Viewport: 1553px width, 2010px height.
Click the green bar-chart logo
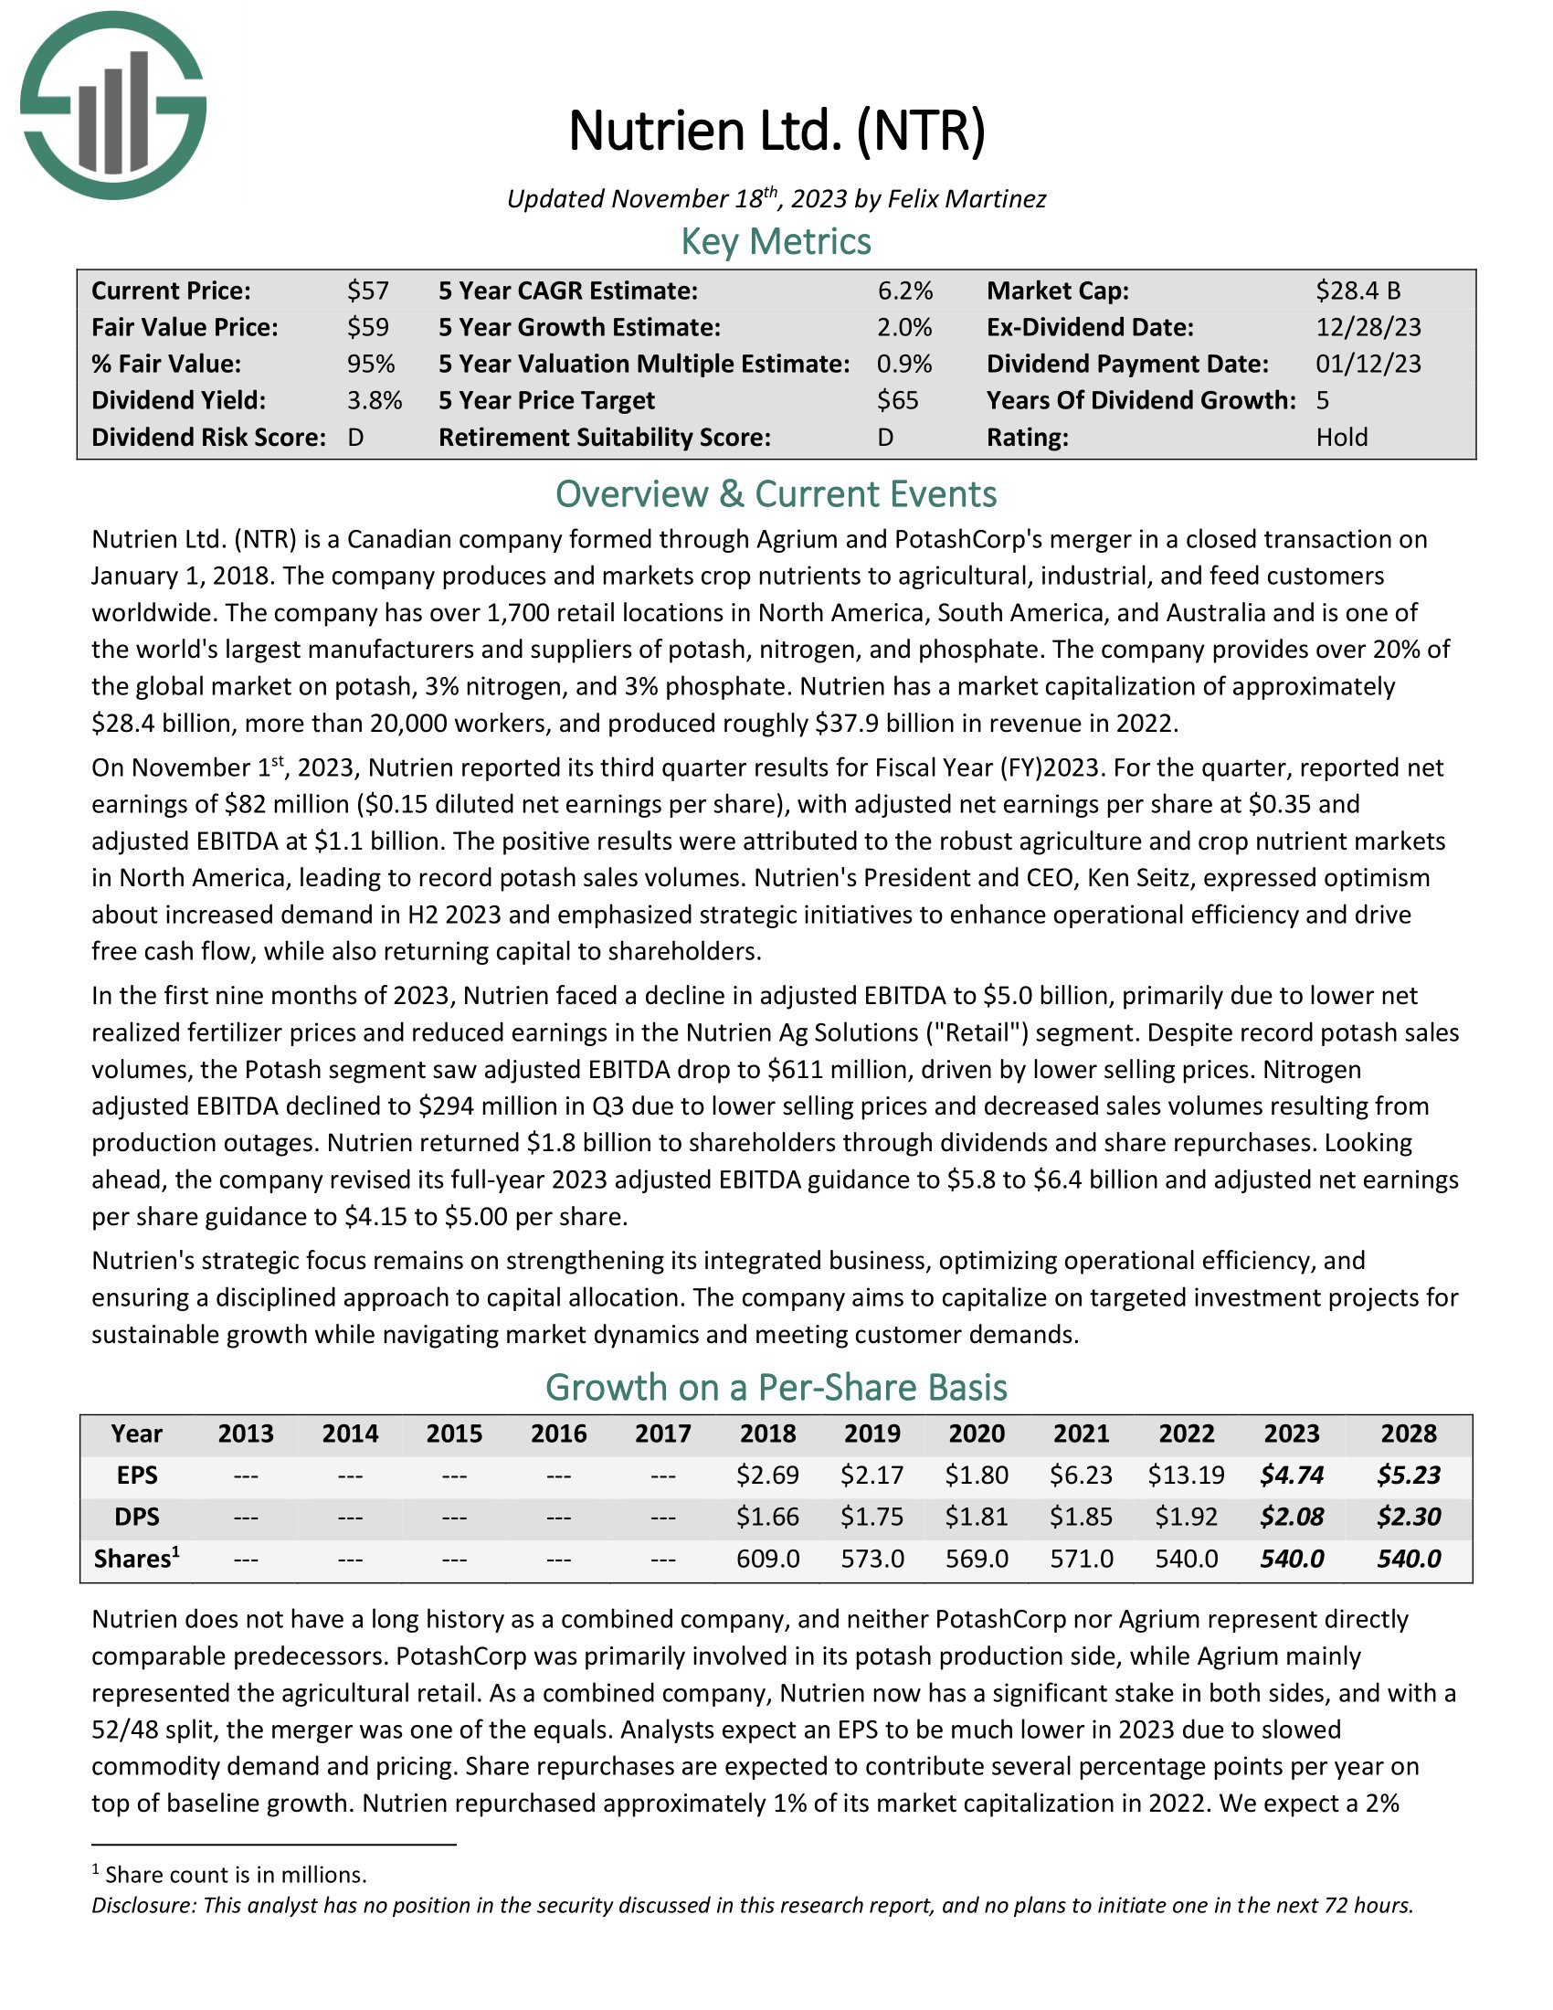click(113, 106)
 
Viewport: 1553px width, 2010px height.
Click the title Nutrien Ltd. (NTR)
click(776, 131)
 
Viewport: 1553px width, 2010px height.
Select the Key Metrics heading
click(776, 242)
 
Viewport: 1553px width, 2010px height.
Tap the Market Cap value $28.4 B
click(1358, 291)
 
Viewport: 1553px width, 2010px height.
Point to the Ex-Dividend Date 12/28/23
click(1368, 328)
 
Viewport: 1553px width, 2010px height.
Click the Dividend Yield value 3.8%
click(375, 400)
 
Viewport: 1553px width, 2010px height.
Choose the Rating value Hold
click(1341, 437)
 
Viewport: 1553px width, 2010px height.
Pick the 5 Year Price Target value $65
click(897, 400)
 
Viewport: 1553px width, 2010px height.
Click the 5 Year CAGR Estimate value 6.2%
click(904, 291)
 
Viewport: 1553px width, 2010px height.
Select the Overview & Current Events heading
click(776, 494)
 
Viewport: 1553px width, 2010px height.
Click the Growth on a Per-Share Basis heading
click(776, 1387)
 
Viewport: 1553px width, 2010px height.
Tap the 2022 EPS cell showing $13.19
click(1186, 1476)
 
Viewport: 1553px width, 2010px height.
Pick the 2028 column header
click(1409, 1433)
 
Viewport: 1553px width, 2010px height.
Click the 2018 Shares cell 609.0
click(768, 1559)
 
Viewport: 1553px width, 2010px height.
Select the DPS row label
click(137, 1517)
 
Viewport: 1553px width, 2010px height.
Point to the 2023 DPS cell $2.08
click(1292, 1517)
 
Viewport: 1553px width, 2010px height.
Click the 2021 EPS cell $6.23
click(1081, 1476)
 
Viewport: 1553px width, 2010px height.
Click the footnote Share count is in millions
click(236, 1875)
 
